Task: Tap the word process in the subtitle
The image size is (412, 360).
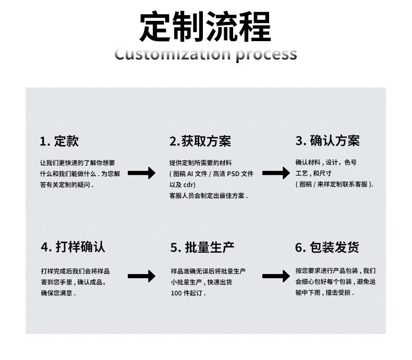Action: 266,54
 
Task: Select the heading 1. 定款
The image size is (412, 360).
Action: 59,141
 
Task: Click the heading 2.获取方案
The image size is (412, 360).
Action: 200,141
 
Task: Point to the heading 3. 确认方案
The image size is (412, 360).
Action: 328,141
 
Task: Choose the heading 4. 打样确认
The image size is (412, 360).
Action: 73,247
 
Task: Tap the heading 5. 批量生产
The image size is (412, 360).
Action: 202,247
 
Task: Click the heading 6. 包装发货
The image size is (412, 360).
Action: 327,247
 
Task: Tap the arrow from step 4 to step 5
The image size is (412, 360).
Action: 141,276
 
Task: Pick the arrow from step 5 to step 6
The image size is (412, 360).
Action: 276,276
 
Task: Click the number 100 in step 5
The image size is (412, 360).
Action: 176,293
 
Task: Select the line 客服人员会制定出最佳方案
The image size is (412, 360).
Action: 208,196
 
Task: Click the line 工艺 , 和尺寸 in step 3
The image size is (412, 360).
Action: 314,173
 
